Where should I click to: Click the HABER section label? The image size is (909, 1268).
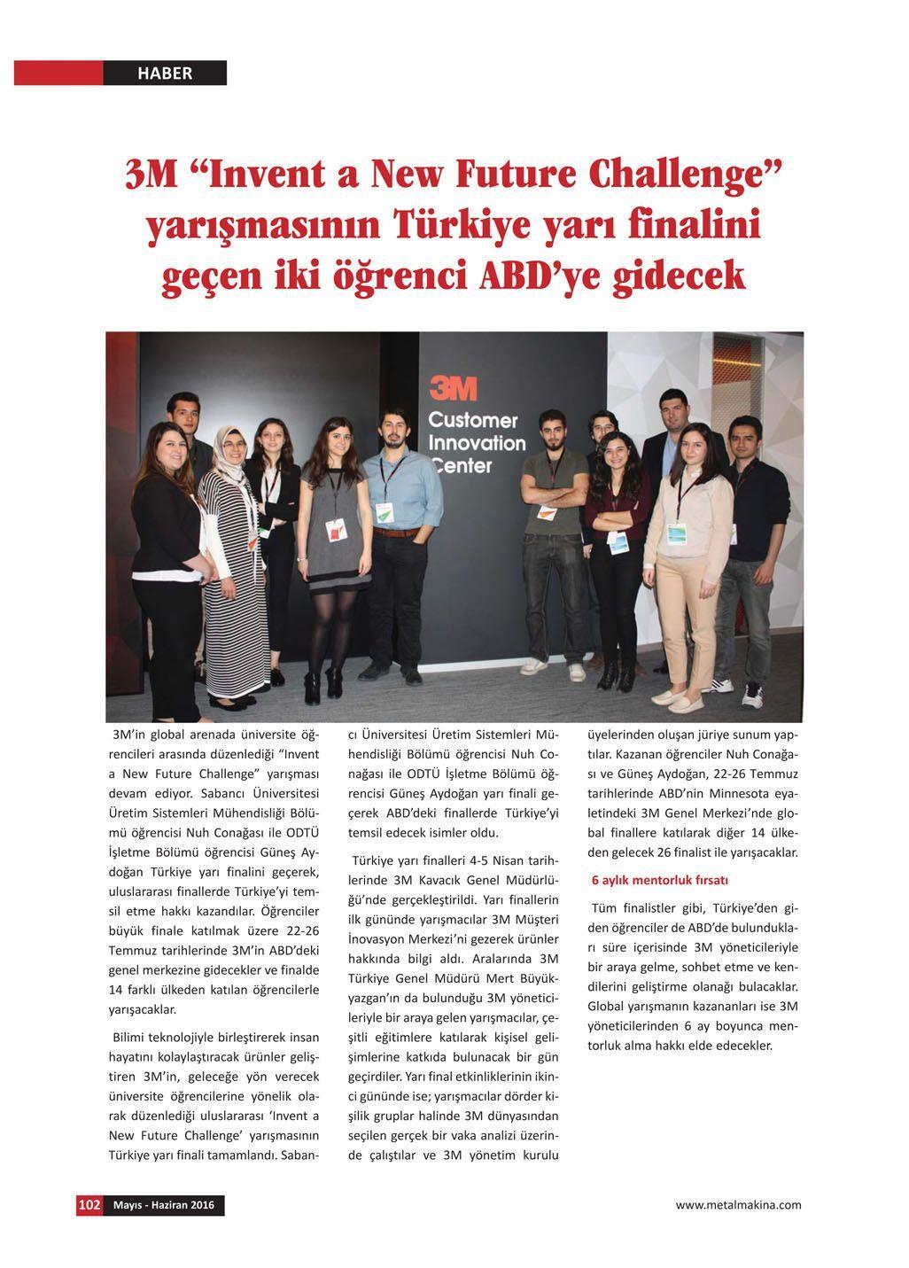[x=165, y=74]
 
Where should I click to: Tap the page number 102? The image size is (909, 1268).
[x=89, y=1205]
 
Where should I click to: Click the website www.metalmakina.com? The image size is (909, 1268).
[x=738, y=1204]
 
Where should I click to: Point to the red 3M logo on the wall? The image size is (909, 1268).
[x=453, y=388]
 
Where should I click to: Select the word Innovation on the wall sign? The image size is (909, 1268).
[x=477, y=442]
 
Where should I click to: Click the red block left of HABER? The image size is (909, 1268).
[x=58, y=74]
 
